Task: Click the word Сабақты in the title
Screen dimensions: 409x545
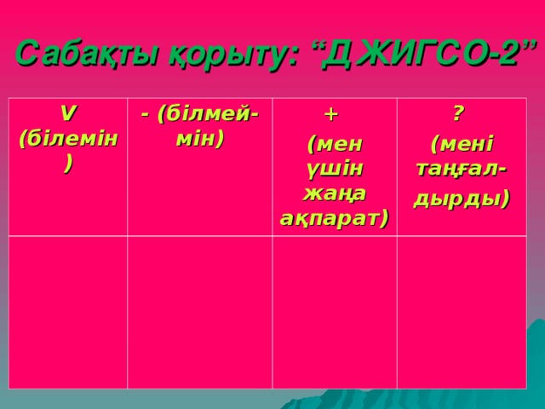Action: [74, 54]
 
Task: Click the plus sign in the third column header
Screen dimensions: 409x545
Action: [332, 114]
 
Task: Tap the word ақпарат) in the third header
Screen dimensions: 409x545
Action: [335, 218]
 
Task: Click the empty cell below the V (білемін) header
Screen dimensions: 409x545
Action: [69, 311]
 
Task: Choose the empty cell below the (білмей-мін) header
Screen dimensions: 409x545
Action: [199, 311]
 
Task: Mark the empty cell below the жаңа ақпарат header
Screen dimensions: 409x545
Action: [335, 311]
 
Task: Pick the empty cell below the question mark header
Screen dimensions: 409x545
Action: [461, 311]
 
